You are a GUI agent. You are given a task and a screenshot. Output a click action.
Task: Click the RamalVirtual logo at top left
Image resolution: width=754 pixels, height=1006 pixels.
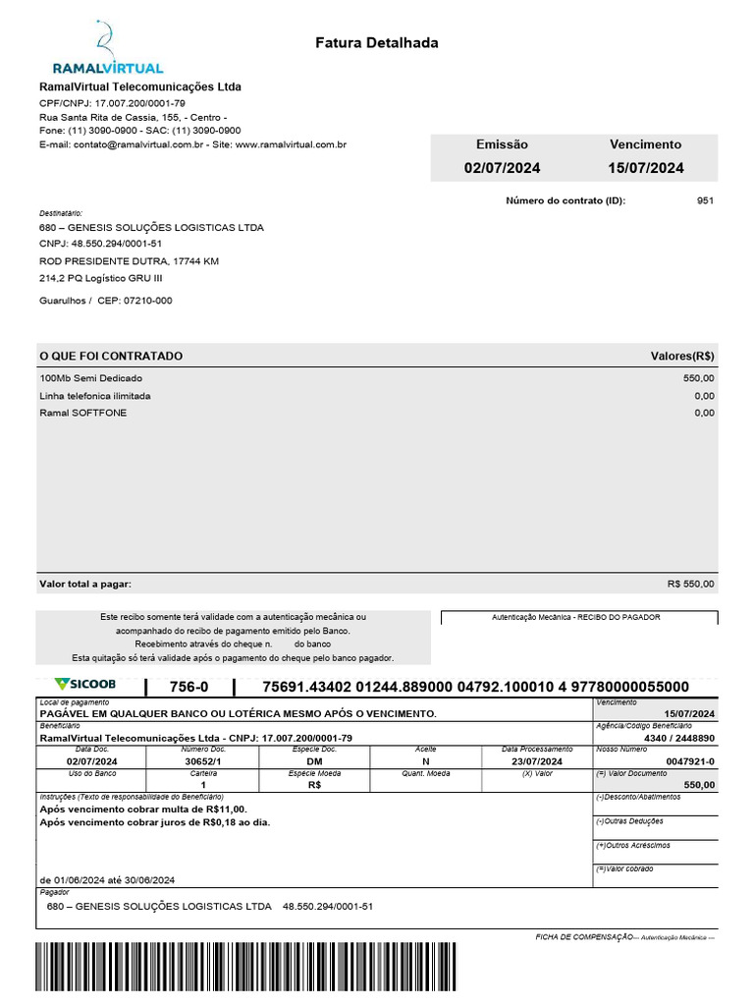(107, 48)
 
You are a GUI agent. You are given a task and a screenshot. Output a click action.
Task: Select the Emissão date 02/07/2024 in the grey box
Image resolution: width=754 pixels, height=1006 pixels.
(502, 168)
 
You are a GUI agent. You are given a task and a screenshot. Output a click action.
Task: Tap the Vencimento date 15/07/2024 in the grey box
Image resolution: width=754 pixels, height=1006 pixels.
(645, 168)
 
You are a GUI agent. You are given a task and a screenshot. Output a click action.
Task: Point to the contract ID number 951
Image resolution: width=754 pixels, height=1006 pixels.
(705, 200)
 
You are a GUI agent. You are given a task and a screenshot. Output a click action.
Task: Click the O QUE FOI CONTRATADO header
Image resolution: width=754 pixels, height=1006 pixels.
(111, 356)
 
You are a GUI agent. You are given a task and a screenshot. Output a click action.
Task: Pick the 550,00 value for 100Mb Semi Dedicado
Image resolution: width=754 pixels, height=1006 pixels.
(699, 378)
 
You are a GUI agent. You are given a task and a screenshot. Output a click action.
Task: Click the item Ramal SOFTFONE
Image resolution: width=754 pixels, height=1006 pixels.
(83, 413)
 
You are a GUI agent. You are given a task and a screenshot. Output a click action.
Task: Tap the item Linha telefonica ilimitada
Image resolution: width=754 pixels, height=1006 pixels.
(95, 396)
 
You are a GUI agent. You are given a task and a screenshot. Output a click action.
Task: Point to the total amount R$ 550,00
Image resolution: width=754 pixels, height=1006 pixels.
(691, 584)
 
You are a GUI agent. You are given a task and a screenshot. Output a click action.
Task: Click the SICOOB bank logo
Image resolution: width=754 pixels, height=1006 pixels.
(85, 684)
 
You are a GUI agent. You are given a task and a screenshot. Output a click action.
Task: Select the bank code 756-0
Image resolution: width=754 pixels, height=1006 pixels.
(188, 687)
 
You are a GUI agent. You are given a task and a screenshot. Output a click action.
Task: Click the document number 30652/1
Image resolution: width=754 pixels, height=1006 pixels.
(204, 761)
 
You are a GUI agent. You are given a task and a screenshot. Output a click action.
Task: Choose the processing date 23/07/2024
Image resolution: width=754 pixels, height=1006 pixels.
(536, 761)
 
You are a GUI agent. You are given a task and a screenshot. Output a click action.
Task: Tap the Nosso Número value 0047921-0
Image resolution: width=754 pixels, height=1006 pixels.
(691, 761)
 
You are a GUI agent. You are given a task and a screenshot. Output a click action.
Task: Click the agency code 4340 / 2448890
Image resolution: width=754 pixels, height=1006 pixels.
(679, 738)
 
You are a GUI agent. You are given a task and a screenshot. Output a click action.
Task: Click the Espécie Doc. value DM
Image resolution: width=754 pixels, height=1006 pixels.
(314, 761)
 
